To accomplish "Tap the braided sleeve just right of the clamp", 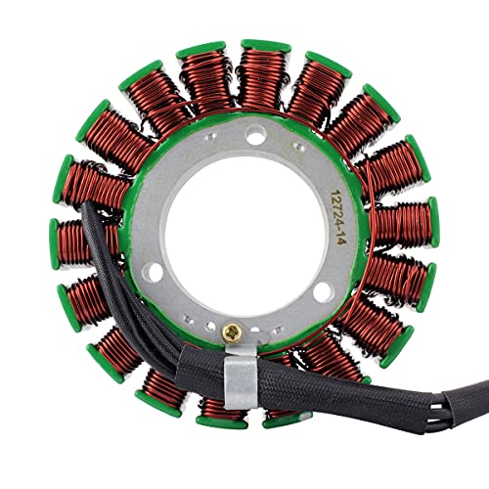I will tap(293, 377).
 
